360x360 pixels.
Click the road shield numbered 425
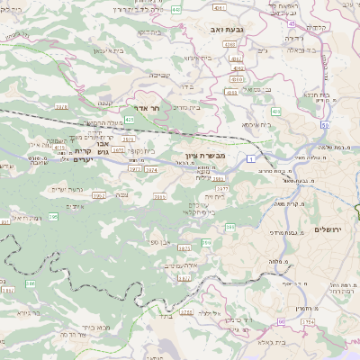pyautogui.click(x=130, y=119)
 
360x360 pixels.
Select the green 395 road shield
pyautogui.click(x=54, y=217)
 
